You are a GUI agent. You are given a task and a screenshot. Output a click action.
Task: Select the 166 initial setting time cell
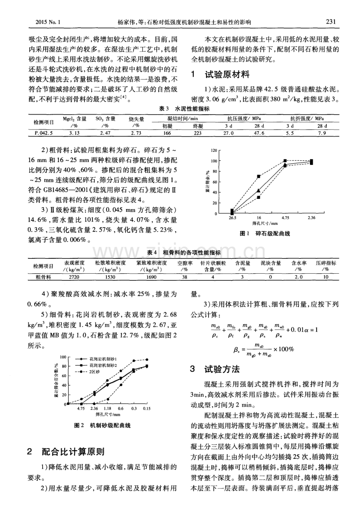(167, 133)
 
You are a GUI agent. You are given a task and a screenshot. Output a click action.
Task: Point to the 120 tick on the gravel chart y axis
(213, 150)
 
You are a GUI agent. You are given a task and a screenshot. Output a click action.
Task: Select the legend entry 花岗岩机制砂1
(102, 359)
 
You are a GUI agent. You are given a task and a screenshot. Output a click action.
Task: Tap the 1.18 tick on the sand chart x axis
(108, 409)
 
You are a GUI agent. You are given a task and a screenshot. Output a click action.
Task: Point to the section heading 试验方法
(222, 369)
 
